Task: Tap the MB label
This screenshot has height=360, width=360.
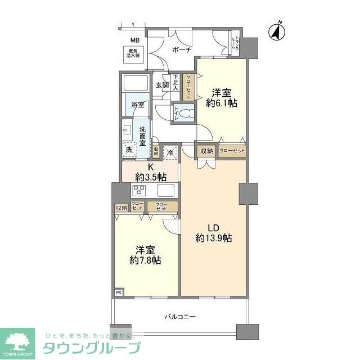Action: (135, 40)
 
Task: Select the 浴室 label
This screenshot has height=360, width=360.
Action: (138, 105)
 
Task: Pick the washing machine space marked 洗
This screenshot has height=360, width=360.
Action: (129, 150)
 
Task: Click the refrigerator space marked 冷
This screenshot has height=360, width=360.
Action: (170, 151)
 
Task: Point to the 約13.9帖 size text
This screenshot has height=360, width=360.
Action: (214, 238)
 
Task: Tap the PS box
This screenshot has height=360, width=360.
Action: (119, 292)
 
